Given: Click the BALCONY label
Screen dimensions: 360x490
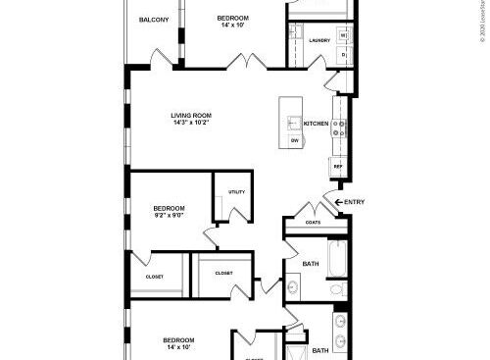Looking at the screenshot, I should tap(153, 21).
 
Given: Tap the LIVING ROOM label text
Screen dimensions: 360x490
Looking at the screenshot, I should tap(192, 116).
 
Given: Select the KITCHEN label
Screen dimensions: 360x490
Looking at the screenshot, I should tap(316, 124).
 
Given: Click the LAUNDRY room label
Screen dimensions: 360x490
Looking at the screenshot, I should tap(318, 40).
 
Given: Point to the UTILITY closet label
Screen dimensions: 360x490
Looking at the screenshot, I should tap(236, 192).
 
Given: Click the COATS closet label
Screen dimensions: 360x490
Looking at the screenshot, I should tap(313, 223).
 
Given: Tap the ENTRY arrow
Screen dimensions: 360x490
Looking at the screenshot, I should tap(341, 202).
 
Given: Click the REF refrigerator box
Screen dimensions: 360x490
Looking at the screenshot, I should tap(338, 167).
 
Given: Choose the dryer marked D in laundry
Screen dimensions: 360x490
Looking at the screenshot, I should tap(343, 56).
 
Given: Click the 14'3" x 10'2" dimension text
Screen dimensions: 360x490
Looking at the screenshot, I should tap(192, 124).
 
